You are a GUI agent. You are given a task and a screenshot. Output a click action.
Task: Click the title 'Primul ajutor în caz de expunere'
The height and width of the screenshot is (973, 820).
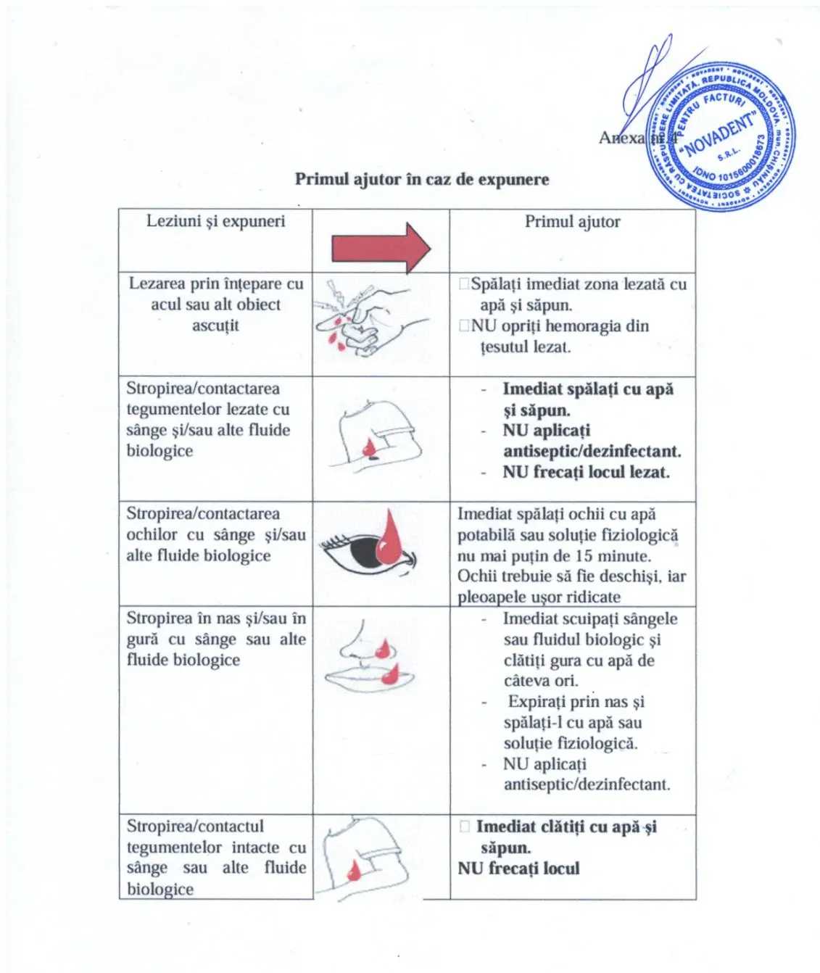click(x=421, y=179)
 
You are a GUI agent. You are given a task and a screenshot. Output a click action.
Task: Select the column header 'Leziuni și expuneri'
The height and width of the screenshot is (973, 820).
click(x=215, y=221)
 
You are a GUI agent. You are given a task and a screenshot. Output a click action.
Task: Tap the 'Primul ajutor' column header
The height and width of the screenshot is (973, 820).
click(x=572, y=222)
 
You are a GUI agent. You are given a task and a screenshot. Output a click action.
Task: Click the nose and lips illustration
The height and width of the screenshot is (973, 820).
click(x=370, y=655)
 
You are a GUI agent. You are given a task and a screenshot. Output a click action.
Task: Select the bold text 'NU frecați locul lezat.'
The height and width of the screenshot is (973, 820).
click(x=586, y=473)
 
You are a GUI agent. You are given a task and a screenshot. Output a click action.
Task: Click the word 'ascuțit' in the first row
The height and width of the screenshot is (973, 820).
click(x=215, y=326)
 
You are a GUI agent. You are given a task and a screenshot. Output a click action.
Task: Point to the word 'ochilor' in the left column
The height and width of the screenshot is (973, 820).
click(x=152, y=535)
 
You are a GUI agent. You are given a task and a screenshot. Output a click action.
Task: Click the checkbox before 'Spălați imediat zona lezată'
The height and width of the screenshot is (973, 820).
click(x=464, y=284)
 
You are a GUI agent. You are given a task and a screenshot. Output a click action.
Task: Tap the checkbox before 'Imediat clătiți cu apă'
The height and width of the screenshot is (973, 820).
click(x=465, y=827)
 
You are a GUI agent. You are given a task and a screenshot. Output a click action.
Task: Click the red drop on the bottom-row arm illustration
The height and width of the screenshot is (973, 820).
click(x=354, y=869)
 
